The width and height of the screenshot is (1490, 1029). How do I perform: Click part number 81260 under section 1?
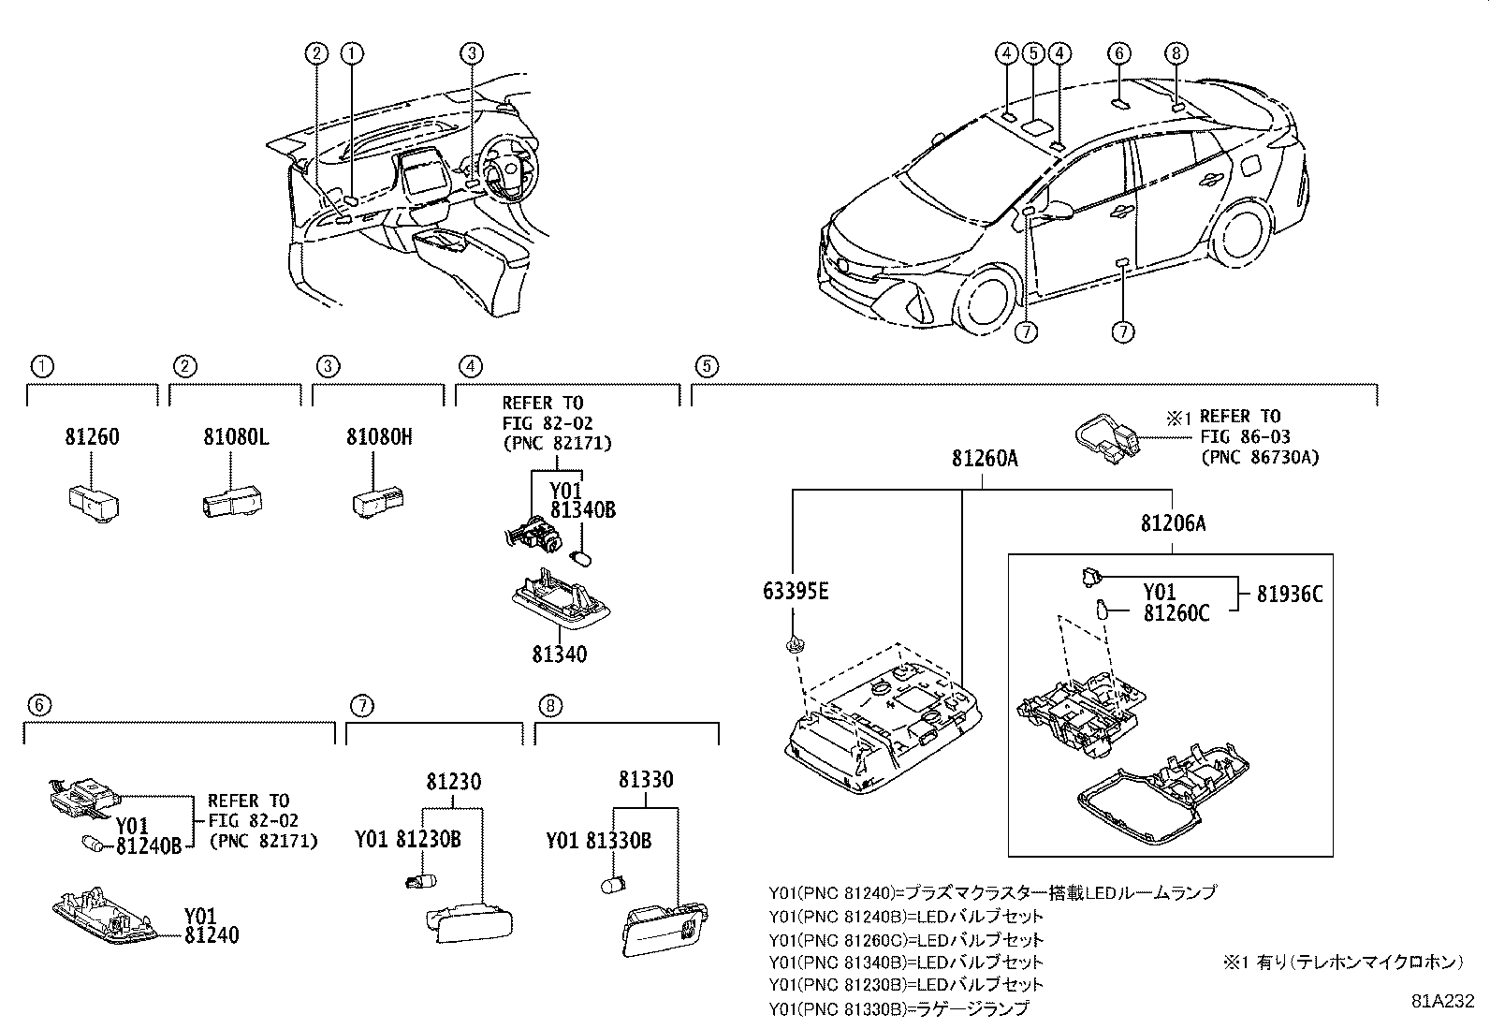[x=92, y=437]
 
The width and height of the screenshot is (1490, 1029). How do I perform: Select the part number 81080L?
[x=236, y=437]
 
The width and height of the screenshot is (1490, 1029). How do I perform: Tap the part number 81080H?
[x=379, y=437]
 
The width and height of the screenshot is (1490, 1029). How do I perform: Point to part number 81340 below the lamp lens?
[x=560, y=654]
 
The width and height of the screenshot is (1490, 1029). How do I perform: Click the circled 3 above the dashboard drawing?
[x=472, y=53]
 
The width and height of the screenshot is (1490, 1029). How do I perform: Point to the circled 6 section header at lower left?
[x=38, y=705]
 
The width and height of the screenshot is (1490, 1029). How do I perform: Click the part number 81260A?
[x=985, y=459]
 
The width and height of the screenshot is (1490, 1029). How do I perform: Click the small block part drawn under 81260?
[x=93, y=503]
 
